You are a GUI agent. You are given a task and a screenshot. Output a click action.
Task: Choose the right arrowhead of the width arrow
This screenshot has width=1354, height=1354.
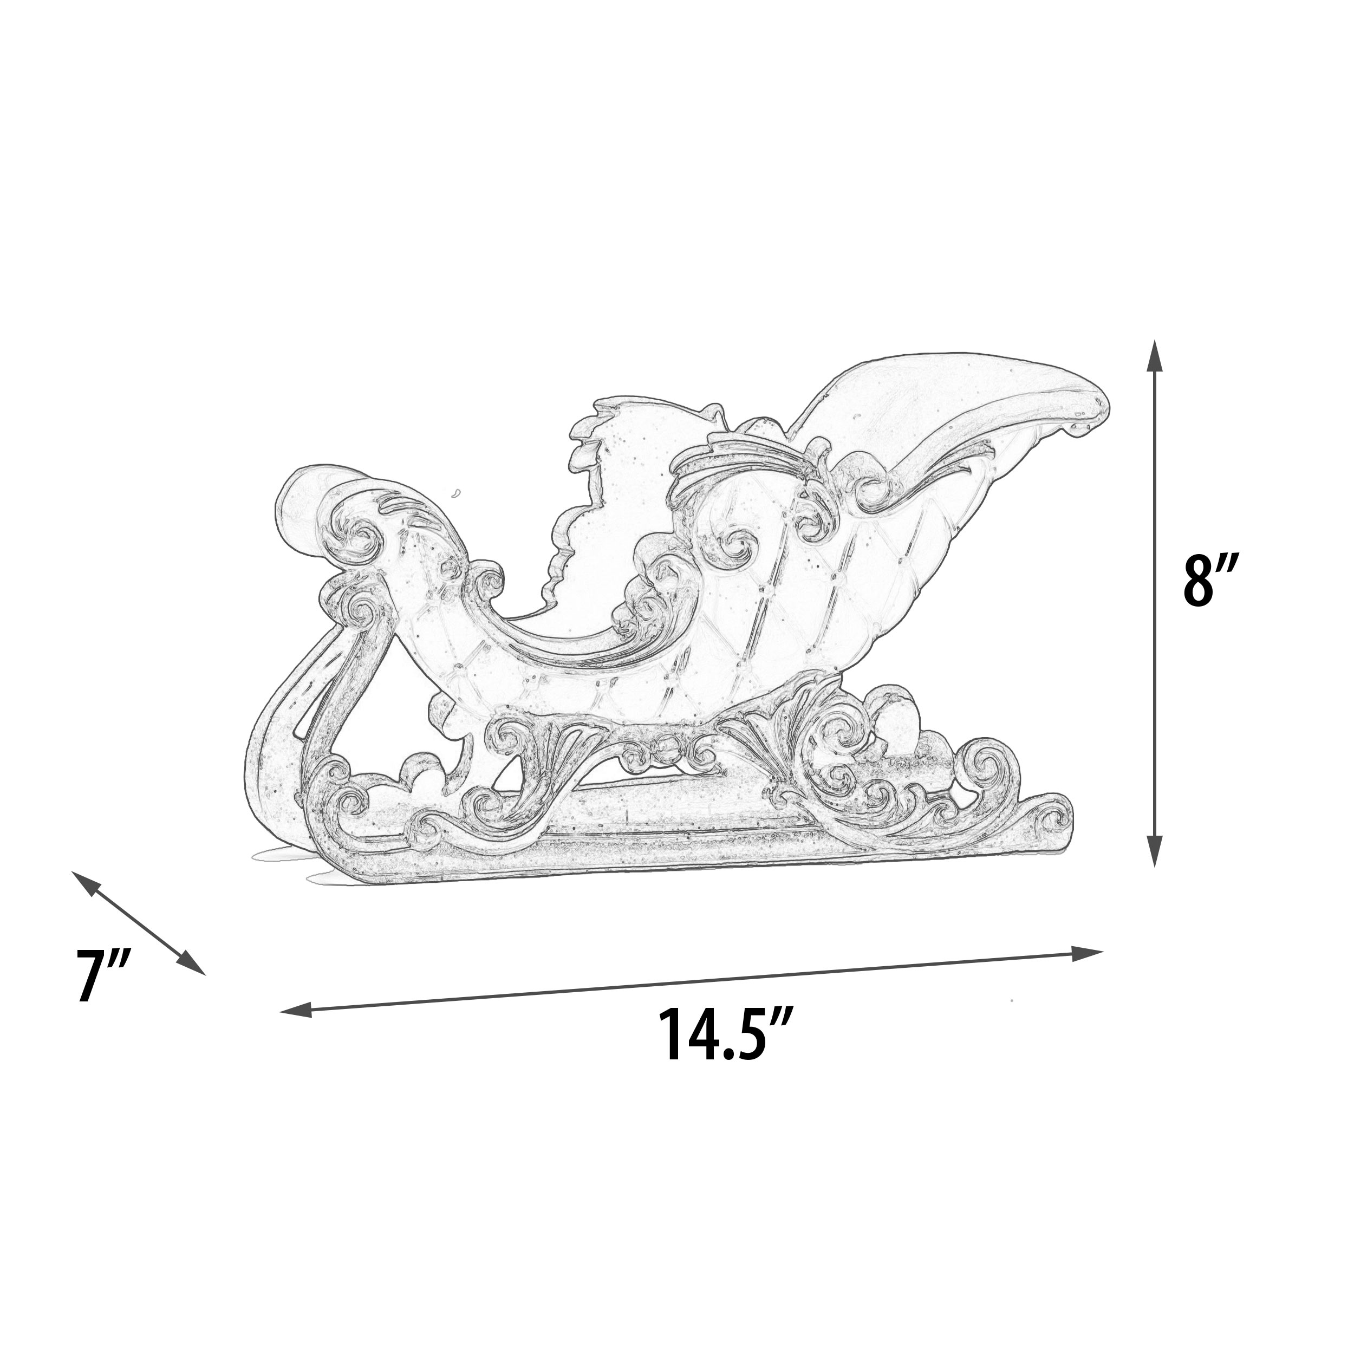(1088, 953)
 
